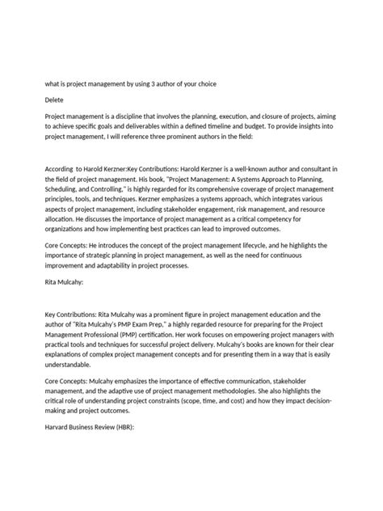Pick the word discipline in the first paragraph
(x=126, y=117)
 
